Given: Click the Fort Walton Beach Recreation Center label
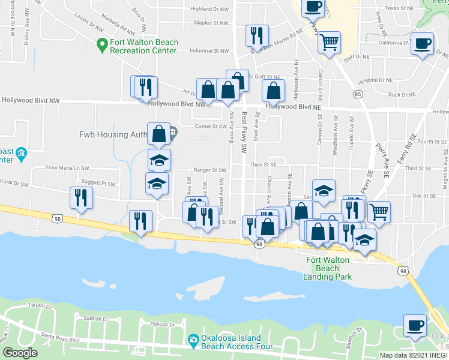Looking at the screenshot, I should (143, 46).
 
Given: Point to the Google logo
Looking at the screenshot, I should (20, 353).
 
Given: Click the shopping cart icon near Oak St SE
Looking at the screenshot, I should (378, 211).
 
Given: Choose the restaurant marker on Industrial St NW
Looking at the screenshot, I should (256, 35).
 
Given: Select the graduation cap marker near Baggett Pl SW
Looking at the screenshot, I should (157, 183).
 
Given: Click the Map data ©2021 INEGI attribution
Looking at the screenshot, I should (414, 355).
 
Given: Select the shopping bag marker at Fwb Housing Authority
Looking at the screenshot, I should (159, 134).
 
